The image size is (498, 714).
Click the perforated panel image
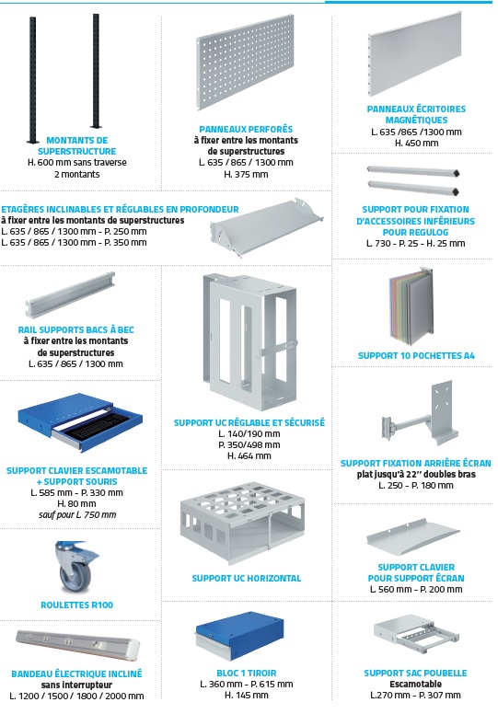[x=245, y=62]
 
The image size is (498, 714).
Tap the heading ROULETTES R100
[x=76, y=605]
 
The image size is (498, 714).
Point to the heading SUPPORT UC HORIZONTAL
[x=247, y=579]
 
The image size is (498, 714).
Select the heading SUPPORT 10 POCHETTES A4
[x=416, y=356]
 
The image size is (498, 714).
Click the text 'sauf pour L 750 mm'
[x=77, y=515]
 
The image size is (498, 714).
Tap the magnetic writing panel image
[x=415, y=54]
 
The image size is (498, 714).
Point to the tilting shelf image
[x=267, y=225]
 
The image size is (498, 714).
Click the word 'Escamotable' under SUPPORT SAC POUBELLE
[x=415, y=684]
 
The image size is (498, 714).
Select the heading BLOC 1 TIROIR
[x=247, y=673]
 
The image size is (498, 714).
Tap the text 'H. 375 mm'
[x=246, y=174]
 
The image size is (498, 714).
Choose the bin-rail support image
[x=69, y=294]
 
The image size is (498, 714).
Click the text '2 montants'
[x=76, y=174]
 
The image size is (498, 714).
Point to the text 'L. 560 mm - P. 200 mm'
[x=416, y=589]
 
